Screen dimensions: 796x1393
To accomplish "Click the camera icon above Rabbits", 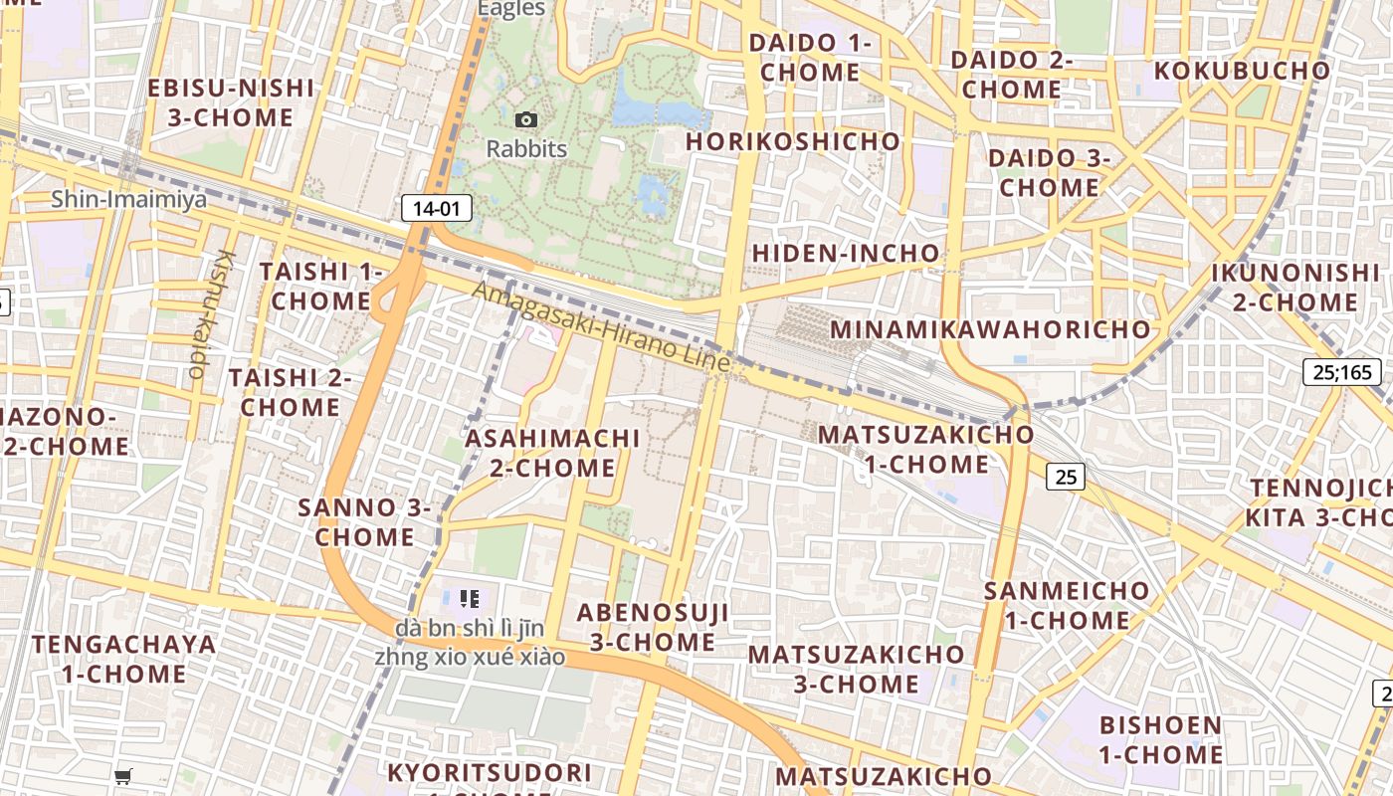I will (526, 120).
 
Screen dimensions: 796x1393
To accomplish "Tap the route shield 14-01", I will (436, 208).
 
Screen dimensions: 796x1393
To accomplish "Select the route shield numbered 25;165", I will (1341, 373).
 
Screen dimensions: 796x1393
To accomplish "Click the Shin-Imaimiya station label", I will (129, 199).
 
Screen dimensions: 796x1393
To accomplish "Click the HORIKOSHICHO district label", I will (793, 142).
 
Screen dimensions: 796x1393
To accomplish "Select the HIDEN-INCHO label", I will (846, 254).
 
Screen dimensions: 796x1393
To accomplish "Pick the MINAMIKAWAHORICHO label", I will (990, 329).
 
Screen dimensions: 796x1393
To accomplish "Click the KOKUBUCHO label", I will (1242, 72).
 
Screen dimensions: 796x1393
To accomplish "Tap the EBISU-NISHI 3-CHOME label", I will (231, 102).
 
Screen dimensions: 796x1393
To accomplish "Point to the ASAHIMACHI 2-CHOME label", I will (552, 453).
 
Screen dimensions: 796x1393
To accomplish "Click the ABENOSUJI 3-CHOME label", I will (653, 627).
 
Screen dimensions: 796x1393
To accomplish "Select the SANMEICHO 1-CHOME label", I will (1067, 605).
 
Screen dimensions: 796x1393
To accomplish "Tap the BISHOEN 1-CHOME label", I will (1161, 739).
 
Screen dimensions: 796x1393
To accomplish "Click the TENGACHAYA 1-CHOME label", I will (123, 659).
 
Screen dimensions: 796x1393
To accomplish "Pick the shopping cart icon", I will (123, 776).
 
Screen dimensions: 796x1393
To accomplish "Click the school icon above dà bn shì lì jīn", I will (470, 599).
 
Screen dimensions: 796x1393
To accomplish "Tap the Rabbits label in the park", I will (526, 149).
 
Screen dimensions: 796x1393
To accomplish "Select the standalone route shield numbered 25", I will (1065, 478).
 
